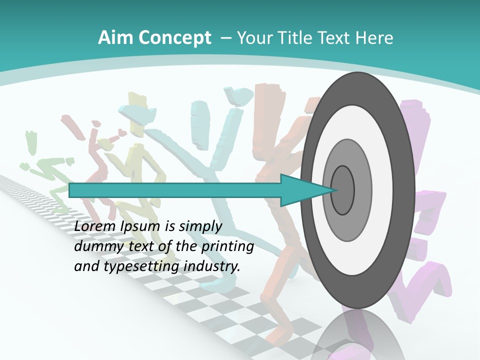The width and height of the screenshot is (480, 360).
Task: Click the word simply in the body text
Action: pyautogui.click(x=200, y=227)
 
